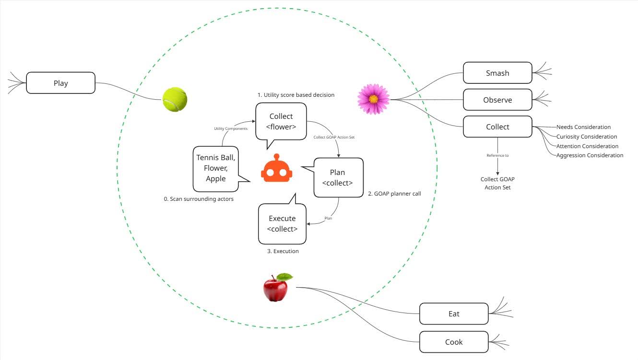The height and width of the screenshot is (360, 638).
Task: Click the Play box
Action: [60, 83]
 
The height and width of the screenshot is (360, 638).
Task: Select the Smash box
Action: [497, 73]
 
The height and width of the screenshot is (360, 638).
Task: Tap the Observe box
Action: [497, 100]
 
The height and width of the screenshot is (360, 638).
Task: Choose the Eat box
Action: [454, 314]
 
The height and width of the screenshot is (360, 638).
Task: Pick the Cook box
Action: [454, 342]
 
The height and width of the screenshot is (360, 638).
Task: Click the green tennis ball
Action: [175, 99]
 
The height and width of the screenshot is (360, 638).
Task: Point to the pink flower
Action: [373, 99]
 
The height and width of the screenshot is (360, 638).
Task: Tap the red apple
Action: [275, 289]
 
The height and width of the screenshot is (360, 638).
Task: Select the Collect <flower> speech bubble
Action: [281, 121]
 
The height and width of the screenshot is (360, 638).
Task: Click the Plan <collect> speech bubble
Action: [338, 177]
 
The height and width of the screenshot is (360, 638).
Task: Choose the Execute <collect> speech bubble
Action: [282, 223]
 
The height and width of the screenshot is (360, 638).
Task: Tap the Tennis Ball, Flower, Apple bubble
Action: [216, 168]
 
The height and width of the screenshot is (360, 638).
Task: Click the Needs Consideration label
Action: [583, 127]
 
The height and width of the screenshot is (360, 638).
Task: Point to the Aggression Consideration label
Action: [590, 155]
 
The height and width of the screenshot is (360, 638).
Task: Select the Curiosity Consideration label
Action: [587, 137]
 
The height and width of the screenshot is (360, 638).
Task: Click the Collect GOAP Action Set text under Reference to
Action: [497, 183]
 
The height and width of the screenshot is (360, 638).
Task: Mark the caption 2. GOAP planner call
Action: [394, 194]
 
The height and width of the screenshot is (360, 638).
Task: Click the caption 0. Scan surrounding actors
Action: [199, 198]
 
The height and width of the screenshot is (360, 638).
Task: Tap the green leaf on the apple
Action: [285, 277]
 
